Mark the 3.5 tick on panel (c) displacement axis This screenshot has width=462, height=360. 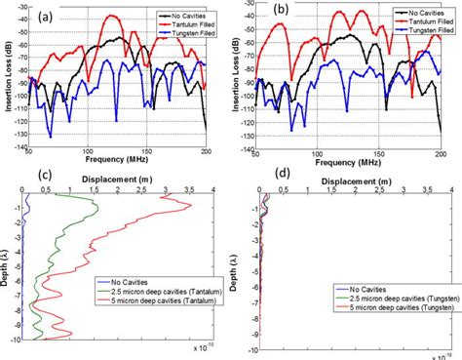[190, 190]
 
